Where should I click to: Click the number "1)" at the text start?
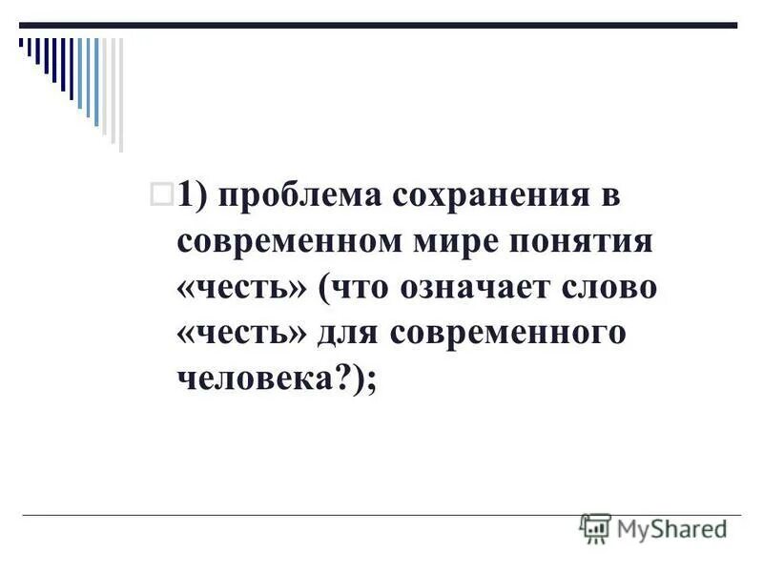coord(193,196)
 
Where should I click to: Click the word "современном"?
coord(289,242)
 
